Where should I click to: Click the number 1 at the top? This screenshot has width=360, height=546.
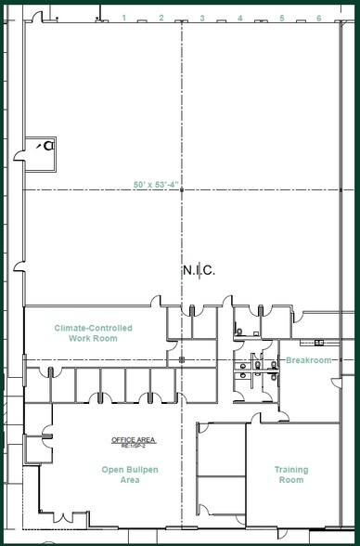click(123, 18)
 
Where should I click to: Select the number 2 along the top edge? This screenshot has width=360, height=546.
click(161, 18)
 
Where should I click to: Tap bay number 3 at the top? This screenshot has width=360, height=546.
click(201, 18)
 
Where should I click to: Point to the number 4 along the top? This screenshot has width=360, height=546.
click(240, 18)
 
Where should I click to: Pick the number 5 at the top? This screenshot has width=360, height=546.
click(281, 18)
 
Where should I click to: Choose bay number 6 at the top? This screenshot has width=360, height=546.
click(319, 18)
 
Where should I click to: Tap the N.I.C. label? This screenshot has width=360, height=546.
click(199, 270)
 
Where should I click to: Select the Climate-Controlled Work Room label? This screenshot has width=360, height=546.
click(93, 333)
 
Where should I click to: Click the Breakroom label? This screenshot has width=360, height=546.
click(308, 360)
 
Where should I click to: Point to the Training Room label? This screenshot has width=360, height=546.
click(291, 475)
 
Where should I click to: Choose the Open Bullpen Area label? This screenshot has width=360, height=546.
click(121, 475)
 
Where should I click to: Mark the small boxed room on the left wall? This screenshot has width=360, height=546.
click(41, 150)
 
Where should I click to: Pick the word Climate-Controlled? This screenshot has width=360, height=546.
click(93, 328)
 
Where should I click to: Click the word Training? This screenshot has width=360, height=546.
click(291, 470)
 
